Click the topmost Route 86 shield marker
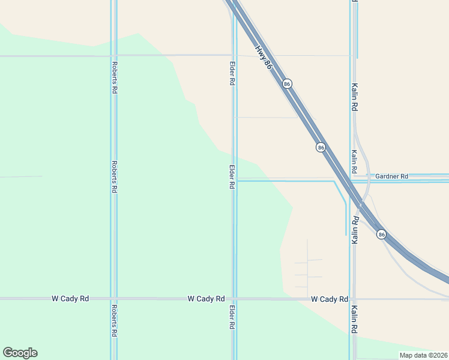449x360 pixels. click(x=288, y=84)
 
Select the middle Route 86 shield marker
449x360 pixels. click(x=321, y=147)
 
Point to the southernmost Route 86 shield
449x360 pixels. click(x=381, y=234)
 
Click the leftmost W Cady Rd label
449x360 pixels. click(x=70, y=298)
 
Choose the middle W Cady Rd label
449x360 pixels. click(x=206, y=298)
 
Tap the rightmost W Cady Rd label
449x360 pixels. click(x=330, y=299)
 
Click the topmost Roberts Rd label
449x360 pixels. click(x=113, y=77)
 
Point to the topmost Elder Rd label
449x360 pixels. click(x=232, y=72)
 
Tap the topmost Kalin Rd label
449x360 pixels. click(x=355, y=97)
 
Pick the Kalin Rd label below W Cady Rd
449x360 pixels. click(x=355, y=320)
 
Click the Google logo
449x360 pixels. click(x=20, y=353)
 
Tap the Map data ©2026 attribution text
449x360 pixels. click(x=424, y=355)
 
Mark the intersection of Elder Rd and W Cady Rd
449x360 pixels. click(x=234, y=298)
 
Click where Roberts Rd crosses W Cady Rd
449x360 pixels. click(x=113, y=298)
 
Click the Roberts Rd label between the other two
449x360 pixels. click(x=113, y=176)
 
